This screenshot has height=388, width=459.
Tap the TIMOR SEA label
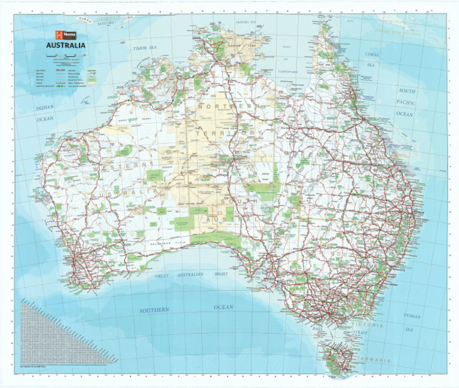pyautogui.click(x=145, y=47)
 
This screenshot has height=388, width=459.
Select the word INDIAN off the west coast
pyautogui.click(x=45, y=108)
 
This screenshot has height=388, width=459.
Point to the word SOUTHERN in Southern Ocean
pyautogui.click(x=155, y=310)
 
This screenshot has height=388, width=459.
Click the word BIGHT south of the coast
pyautogui.click(x=221, y=274)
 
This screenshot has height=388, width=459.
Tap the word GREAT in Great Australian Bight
pyautogui.click(x=162, y=276)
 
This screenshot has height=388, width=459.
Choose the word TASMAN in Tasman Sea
pyautogui.click(x=412, y=315)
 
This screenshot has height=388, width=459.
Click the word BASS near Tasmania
pyautogui.click(x=317, y=329)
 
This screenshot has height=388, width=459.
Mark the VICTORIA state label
pyautogui.click(x=372, y=325)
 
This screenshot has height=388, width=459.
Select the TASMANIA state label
pyautogui.click(x=374, y=360)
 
